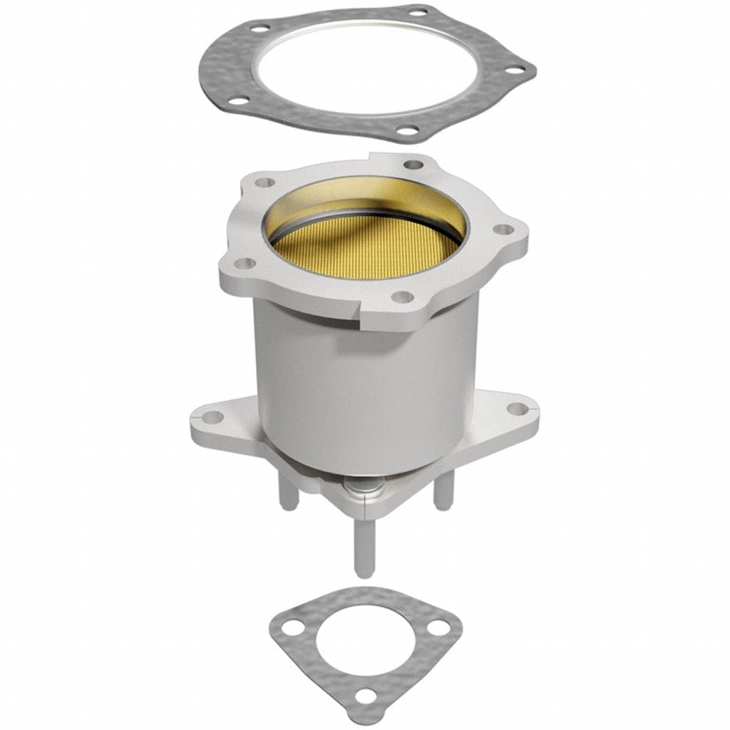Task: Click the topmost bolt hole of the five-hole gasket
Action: pyautogui.click(x=418, y=11)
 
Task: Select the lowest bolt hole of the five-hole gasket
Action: pyautogui.click(x=406, y=130)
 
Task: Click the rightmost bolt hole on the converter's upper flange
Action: pyautogui.click(x=503, y=230)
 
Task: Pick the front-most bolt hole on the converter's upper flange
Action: pyautogui.click(x=402, y=296)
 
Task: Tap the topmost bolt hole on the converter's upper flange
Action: pyautogui.click(x=413, y=165)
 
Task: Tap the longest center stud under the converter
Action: pyautogui.click(x=364, y=545)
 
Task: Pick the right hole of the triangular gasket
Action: pyautogui.click(x=441, y=627)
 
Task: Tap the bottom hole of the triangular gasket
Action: pyautogui.click(x=366, y=696)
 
